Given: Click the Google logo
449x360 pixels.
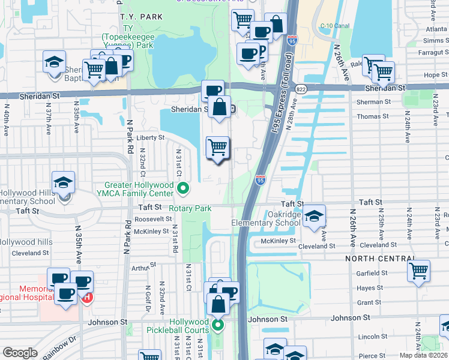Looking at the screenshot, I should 20,353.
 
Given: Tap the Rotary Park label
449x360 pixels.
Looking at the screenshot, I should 190,209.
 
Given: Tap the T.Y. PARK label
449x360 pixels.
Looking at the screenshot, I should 141,17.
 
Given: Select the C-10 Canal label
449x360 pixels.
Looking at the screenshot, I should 335,26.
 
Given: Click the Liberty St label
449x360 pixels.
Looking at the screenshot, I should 151,137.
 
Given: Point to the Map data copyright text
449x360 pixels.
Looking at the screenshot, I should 423,355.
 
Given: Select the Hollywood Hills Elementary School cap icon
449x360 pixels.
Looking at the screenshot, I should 63,183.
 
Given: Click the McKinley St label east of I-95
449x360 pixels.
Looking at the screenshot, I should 278,241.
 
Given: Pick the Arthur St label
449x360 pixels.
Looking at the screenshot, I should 143,266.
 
